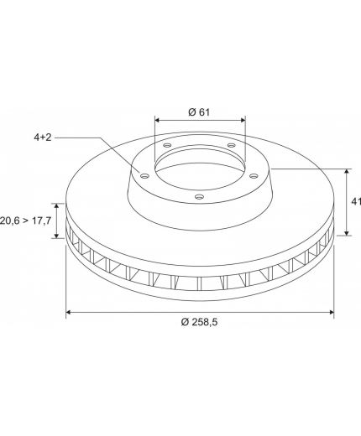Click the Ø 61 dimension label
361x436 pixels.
coord(199,112)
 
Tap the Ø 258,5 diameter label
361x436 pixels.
coord(199,322)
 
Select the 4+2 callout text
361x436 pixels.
coord(43,138)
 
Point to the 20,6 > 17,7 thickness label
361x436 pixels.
coord(25,221)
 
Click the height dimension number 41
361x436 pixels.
coord(356,201)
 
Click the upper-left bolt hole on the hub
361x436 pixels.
coord(167,145)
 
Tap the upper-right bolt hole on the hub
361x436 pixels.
coord(231,145)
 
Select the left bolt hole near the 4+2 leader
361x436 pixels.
coord(144,176)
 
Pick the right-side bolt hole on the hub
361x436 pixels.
coord(254,176)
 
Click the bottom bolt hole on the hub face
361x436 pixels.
coord(199,197)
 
